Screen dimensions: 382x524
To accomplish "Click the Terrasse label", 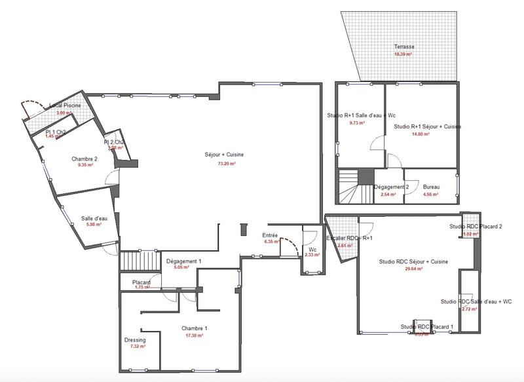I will pyautogui.click(x=404, y=47).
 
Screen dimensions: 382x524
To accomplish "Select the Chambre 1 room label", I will pyautogui.click(x=194, y=328).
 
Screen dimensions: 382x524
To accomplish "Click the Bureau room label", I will pyautogui.click(x=431, y=187).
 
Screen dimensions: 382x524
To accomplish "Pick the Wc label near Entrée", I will pyautogui.click(x=312, y=249).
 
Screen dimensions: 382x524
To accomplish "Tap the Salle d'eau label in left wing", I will pyautogui.click(x=94, y=218).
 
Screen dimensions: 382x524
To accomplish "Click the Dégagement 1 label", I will pyautogui.click(x=183, y=261).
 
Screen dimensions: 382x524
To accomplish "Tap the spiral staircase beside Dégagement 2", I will pyautogui.click(x=355, y=187).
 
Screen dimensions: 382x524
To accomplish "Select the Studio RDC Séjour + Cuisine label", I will pyautogui.click(x=413, y=261).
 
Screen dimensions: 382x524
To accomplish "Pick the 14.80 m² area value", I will pyautogui.click(x=421, y=134).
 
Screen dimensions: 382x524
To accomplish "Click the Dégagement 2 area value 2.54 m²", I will pyautogui.click(x=389, y=195).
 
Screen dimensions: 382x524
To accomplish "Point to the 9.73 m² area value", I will pyautogui.click(x=357, y=123).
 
